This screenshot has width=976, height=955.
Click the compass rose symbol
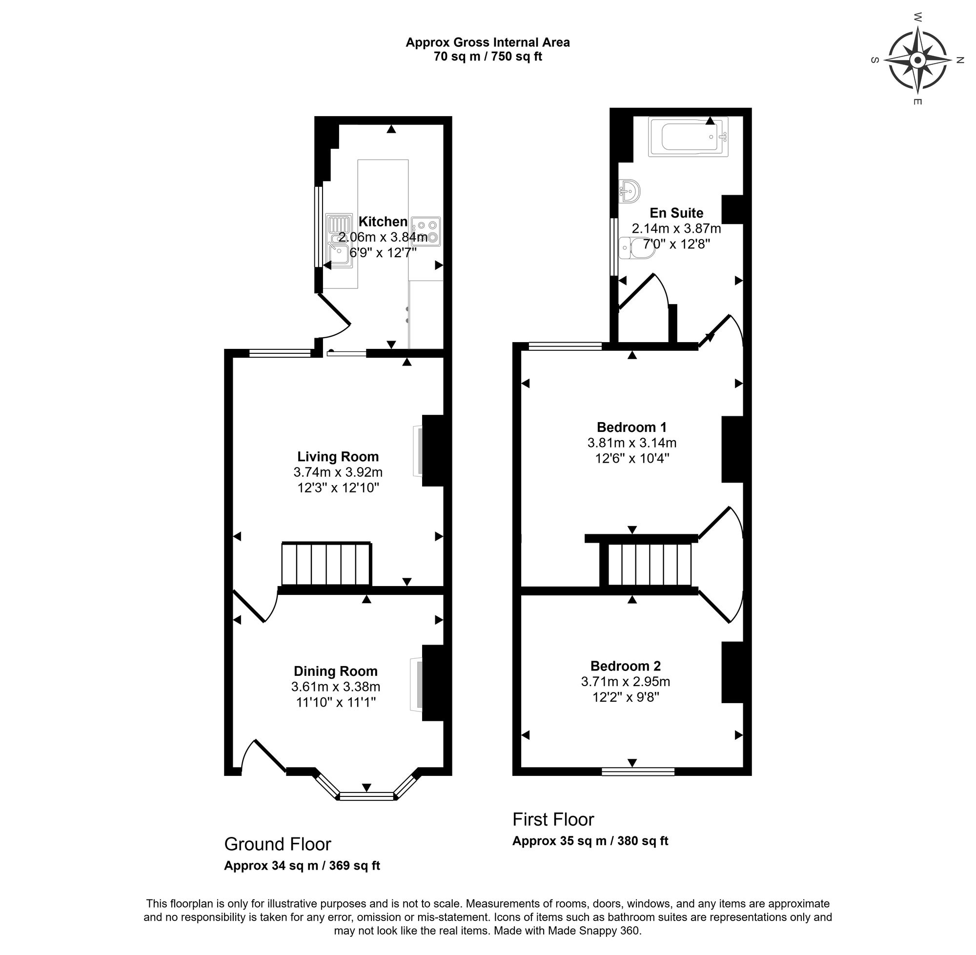tap(917, 61)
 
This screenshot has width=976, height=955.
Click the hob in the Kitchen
tap(426, 231)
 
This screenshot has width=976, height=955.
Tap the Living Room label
tap(338, 456)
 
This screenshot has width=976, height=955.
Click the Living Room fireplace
tap(418, 450)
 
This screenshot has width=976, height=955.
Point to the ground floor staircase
tap(326, 564)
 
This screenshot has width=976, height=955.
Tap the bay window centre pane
tap(366, 795)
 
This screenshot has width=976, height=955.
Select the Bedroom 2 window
tap(637, 772)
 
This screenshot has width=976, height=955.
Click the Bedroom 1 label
tap(631, 427)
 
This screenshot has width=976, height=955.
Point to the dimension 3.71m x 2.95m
tap(625, 682)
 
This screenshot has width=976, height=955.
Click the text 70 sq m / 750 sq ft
tap(488, 57)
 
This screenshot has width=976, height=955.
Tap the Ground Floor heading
tap(277, 844)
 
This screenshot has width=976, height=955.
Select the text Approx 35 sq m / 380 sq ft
tap(590, 841)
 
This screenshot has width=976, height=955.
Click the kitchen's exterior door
tap(335, 316)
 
